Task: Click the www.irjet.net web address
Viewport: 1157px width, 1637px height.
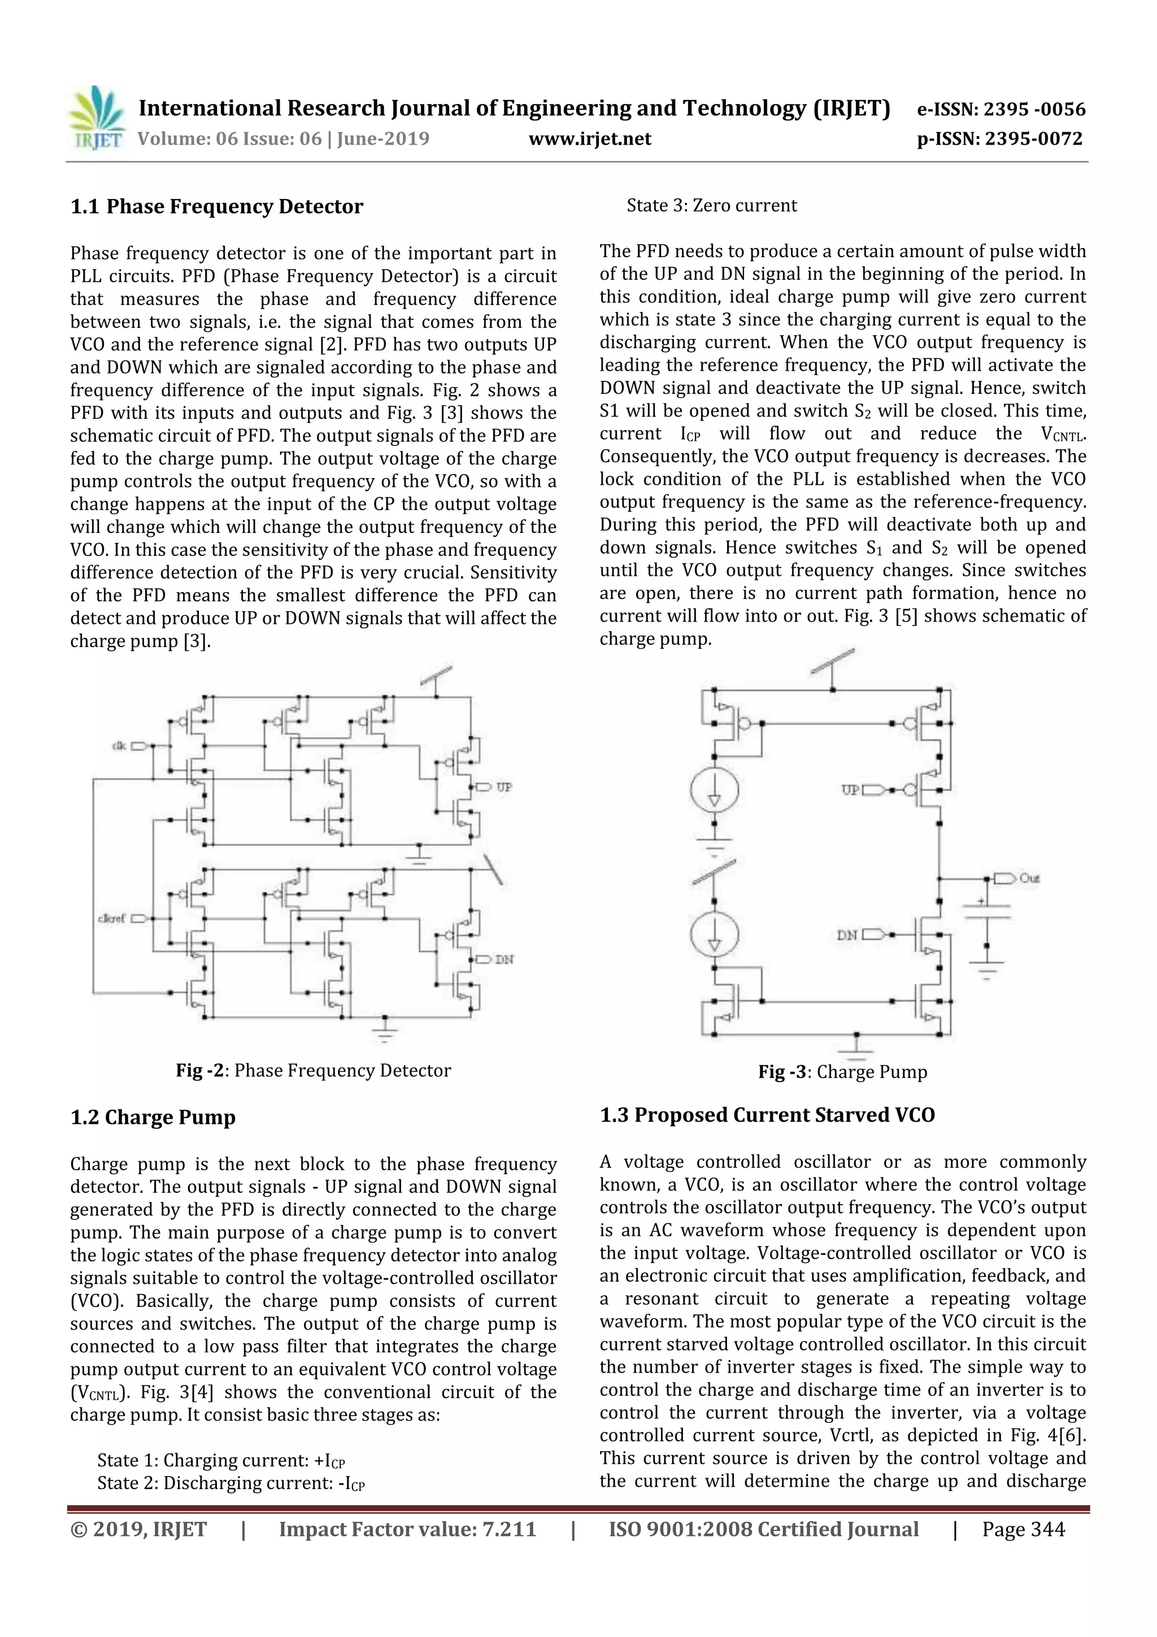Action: (590, 138)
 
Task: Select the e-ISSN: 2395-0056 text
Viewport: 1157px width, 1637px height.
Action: (1000, 109)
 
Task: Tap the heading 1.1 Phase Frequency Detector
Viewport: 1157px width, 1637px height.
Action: (217, 207)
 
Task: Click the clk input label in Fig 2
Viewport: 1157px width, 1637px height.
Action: (119, 746)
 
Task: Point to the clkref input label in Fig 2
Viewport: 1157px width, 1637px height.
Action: (111, 918)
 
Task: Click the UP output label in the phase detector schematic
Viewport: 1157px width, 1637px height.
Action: (504, 787)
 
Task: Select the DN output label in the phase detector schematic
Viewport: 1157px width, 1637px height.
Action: (504, 959)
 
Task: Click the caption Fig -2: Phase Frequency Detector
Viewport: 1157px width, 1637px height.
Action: (314, 1070)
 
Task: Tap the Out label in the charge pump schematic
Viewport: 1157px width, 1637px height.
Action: (1029, 878)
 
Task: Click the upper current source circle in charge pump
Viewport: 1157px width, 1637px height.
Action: (714, 790)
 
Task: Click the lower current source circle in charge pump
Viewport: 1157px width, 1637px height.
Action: (714, 935)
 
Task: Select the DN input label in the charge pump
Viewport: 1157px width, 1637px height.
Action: (847, 935)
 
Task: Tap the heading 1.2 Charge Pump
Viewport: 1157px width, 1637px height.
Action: (153, 1117)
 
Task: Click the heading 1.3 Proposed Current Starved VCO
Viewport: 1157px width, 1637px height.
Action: (767, 1115)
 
